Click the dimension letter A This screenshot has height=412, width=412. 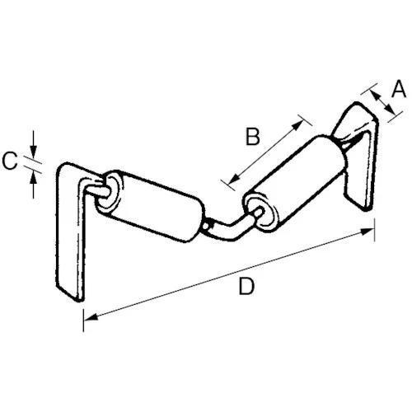pyautogui.click(x=399, y=89)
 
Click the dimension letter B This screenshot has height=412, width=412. pyautogui.click(x=253, y=137)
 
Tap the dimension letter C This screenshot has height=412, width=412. pyautogui.click(x=10, y=161)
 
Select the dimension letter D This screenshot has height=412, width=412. pyautogui.click(x=246, y=286)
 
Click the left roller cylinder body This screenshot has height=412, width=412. pyautogui.click(x=159, y=206)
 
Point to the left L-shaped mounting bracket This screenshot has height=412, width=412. pyautogui.click(x=72, y=231)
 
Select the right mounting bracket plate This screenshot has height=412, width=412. pyautogui.click(x=360, y=157)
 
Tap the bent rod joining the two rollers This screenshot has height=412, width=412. pyautogui.click(x=228, y=227)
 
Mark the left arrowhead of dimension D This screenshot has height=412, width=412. pyautogui.click(x=91, y=316)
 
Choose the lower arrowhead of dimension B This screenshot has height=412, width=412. pyautogui.click(x=233, y=179)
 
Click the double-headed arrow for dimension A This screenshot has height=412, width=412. pyautogui.click(x=383, y=102)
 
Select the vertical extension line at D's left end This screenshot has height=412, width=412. pyautogui.click(x=83, y=320)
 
